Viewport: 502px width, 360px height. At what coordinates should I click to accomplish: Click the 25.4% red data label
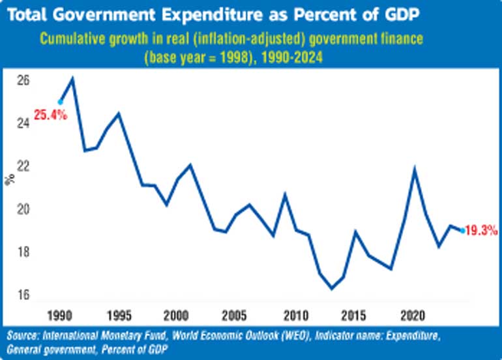[x=52, y=118]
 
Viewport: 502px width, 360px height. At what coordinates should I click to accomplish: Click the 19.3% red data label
[x=482, y=230]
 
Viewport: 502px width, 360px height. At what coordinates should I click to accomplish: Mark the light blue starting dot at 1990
[x=60, y=102]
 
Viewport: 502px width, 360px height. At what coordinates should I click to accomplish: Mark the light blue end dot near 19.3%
[x=462, y=230]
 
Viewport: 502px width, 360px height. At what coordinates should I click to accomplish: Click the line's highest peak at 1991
[x=72, y=79]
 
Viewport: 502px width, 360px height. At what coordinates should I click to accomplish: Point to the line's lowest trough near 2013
[x=331, y=288]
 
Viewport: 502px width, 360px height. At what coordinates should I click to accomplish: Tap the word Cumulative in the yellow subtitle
[x=74, y=38]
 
